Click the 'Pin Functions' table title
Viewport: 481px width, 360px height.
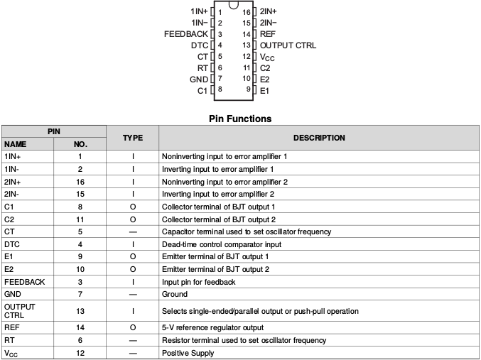click(240, 119)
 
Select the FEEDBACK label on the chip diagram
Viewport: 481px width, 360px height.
click(186, 34)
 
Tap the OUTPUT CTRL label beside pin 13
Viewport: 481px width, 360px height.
click(288, 45)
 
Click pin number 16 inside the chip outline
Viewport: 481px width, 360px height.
click(246, 12)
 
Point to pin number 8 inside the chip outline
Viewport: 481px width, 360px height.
click(220, 89)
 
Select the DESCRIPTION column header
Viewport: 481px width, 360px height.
click(319, 138)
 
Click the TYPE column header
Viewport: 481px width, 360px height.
click(133, 138)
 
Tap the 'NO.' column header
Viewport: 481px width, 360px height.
click(80, 144)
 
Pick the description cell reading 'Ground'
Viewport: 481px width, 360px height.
click(175, 294)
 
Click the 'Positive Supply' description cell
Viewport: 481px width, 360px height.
click(188, 353)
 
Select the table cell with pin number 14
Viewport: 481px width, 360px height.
click(80, 328)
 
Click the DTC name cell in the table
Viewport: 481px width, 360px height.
click(12, 244)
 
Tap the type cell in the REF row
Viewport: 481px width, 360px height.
click(133, 328)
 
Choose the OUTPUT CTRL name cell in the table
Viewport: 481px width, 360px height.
click(19, 311)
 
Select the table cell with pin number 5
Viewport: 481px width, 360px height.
click(80, 231)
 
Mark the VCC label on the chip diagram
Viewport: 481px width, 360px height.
click(267, 56)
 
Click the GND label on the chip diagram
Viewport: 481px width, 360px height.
click(199, 79)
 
